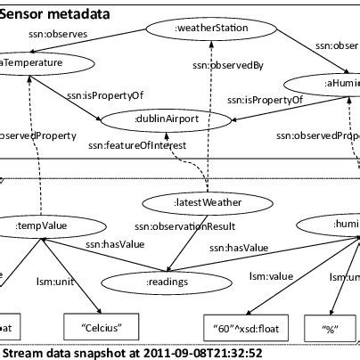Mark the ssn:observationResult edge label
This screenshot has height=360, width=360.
(x=170, y=225)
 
